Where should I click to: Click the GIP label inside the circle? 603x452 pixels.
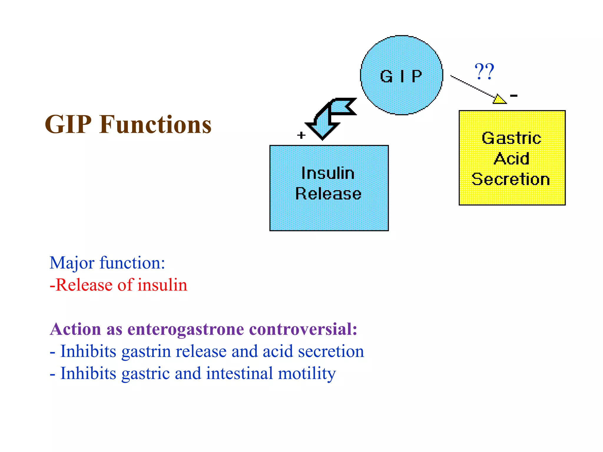[x=401, y=76]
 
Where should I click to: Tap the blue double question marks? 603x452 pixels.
[x=484, y=72]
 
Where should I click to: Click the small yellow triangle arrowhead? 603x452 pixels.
[x=499, y=99]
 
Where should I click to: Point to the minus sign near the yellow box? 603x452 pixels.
[x=514, y=95]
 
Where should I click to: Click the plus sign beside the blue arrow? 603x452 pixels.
[x=301, y=135]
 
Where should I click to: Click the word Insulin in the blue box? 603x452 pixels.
[x=328, y=173]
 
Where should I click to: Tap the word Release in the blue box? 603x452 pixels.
[x=328, y=194]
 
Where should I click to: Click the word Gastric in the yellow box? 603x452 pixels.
[x=511, y=138]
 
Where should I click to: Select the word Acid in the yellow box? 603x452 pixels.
[x=511, y=159]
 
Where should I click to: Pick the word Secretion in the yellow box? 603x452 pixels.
[x=511, y=179]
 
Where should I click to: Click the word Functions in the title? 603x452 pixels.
[x=155, y=124]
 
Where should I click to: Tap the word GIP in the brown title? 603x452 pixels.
[x=68, y=124]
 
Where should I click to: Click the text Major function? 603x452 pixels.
[x=107, y=262]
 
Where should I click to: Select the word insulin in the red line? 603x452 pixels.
[x=162, y=285]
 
